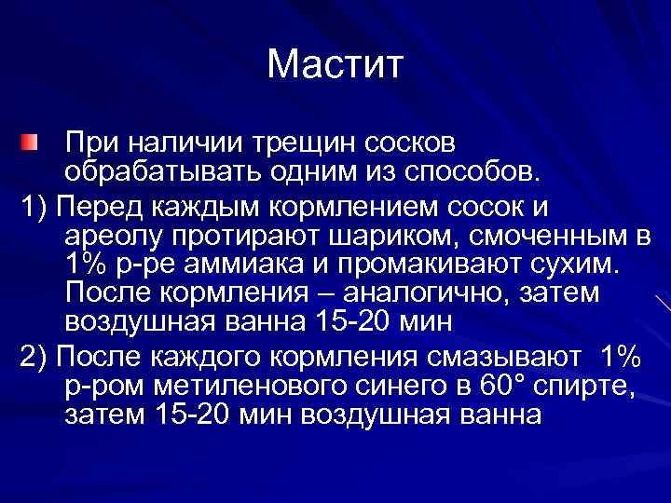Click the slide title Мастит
(x=335, y=64)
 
